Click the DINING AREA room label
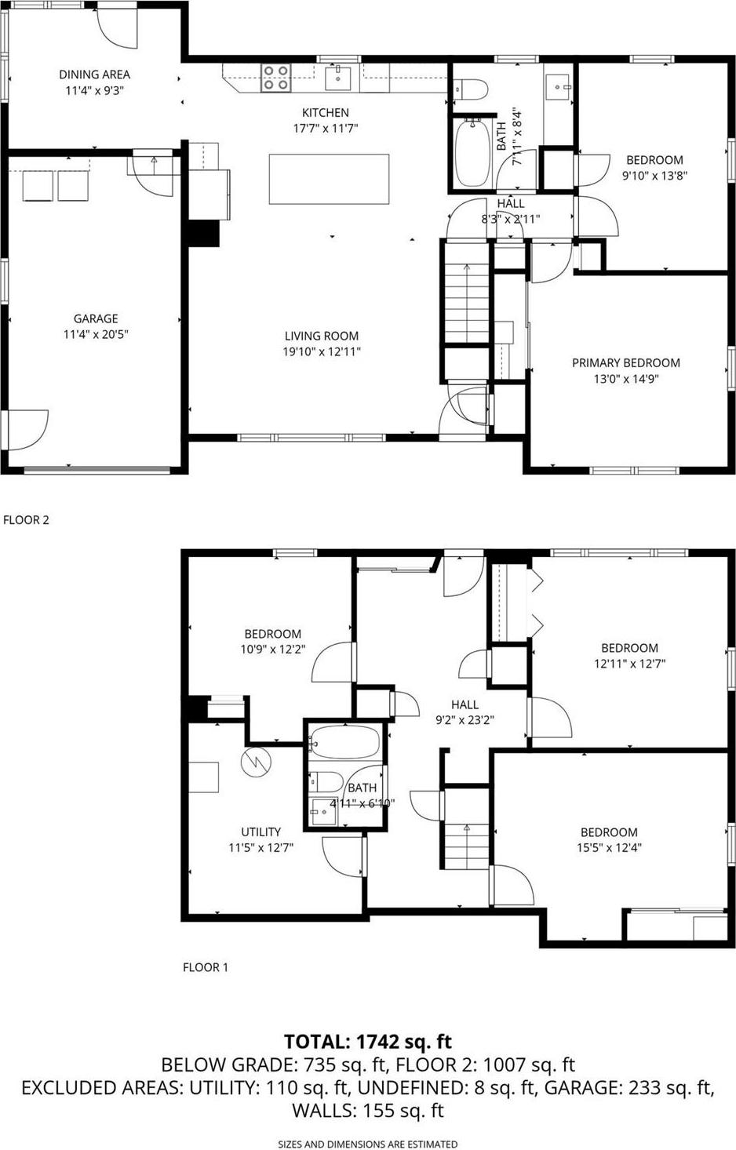[x=94, y=75]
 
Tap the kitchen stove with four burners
[x=275, y=77]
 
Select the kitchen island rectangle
[x=329, y=179]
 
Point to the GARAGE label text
[x=96, y=318]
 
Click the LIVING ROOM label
[x=322, y=336]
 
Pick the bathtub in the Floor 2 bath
[x=472, y=152]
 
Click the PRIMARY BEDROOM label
[x=625, y=362]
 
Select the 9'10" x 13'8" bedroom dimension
[x=654, y=176]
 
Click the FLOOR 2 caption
[x=27, y=519]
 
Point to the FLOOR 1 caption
[x=206, y=967]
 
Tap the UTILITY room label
[x=261, y=832]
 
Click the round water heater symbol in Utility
[x=255, y=761]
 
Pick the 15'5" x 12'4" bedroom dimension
[x=609, y=847]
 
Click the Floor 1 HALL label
[x=465, y=704]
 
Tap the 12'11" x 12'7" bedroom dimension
[x=629, y=664]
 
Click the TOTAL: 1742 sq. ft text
[x=368, y=1042]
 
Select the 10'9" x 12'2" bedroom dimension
[x=272, y=650]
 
